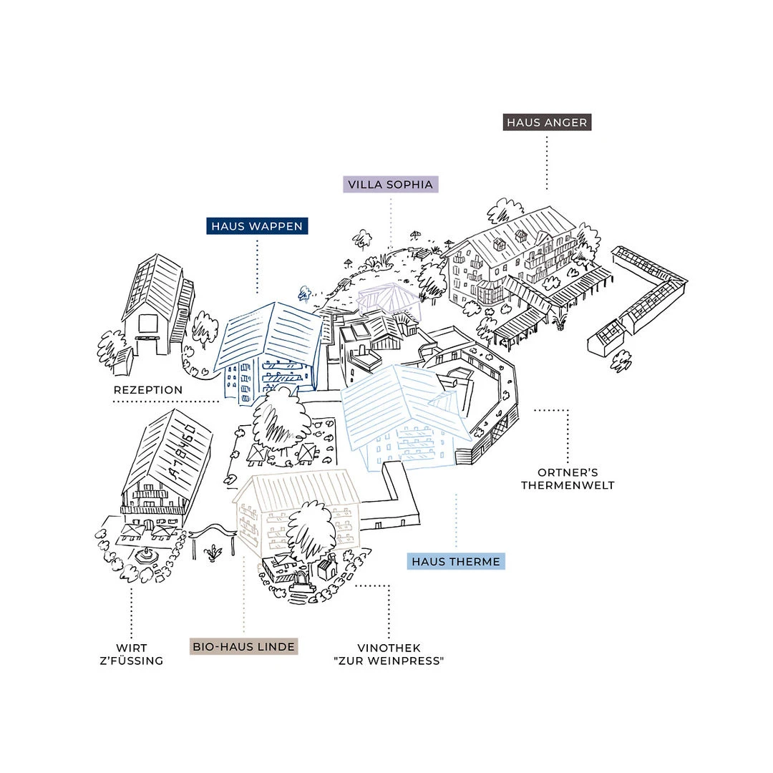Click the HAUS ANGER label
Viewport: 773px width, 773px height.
point(547,122)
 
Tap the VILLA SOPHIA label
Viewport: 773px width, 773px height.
point(391,185)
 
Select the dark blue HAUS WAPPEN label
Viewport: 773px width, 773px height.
point(257,226)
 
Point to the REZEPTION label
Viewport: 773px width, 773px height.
point(148,390)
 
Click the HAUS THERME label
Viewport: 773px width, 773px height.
point(456,562)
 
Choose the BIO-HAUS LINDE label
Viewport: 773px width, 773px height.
point(243,647)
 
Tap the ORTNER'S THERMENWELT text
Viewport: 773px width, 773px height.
point(568,479)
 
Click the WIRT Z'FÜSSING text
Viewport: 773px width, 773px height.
point(132,654)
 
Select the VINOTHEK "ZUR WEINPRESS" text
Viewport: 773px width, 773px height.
point(389,654)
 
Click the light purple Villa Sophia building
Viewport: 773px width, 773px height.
point(389,299)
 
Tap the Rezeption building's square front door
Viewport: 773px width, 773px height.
point(147,324)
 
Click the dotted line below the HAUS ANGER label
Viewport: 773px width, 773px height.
point(547,163)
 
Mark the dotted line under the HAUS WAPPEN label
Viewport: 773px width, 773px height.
point(258,267)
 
